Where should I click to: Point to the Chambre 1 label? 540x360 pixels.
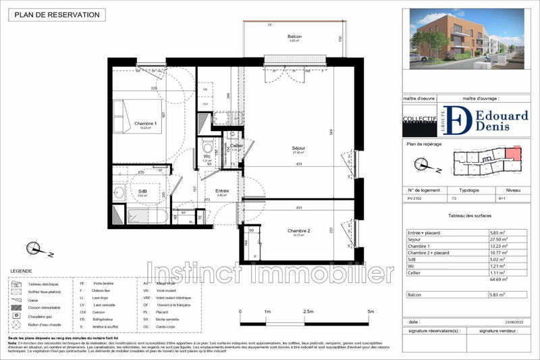tap(145, 124)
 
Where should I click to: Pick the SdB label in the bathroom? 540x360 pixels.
tap(142, 191)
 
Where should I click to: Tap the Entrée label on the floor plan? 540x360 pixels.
tap(222, 191)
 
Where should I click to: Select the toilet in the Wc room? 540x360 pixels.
tap(208, 147)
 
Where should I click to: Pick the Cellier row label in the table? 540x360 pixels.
tap(416, 272)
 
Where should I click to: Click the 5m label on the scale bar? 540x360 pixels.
tap(371, 311)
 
